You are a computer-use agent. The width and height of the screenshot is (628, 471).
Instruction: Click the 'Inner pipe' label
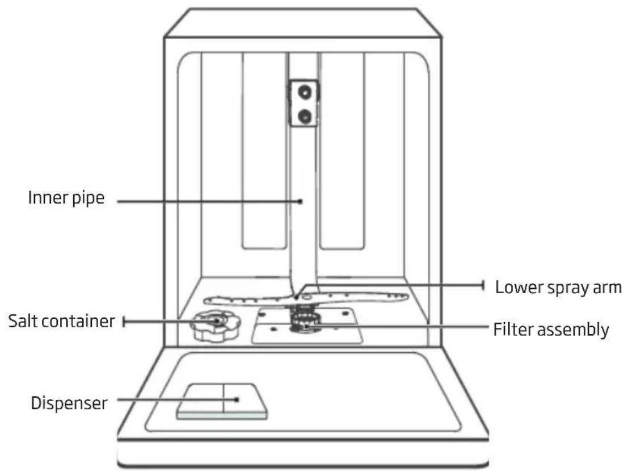pyautogui.click(x=66, y=198)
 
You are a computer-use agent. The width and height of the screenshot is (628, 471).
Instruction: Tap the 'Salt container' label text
pyautogui.click(x=61, y=321)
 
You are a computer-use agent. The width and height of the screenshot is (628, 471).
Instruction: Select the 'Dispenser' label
pyautogui.click(x=69, y=403)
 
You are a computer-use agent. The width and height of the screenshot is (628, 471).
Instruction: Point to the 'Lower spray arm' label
pyautogui.click(x=558, y=287)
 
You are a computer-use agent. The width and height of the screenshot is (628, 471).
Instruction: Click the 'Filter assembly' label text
pyautogui.click(x=551, y=330)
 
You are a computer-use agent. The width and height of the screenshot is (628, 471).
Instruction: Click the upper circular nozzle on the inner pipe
pyautogui.click(x=305, y=92)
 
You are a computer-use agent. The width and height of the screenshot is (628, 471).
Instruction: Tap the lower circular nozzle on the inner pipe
pyautogui.click(x=305, y=116)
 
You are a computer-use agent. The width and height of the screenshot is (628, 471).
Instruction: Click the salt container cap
pyautogui.click(x=216, y=326)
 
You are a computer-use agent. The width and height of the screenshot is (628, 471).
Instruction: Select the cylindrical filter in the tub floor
pyautogui.click(x=305, y=319)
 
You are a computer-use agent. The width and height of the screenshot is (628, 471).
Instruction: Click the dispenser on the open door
pyautogui.click(x=222, y=401)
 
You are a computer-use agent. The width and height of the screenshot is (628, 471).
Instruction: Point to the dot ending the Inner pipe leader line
pyautogui.click(x=301, y=201)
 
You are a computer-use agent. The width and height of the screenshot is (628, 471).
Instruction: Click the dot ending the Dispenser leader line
pyautogui.click(x=237, y=399)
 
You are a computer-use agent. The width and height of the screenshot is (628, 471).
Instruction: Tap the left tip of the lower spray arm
pyautogui.click(x=204, y=300)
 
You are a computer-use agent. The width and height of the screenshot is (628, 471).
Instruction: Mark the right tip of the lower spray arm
pyautogui.click(x=407, y=297)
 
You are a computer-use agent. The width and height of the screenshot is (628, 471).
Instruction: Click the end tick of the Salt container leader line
pyautogui.click(x=124, y=322)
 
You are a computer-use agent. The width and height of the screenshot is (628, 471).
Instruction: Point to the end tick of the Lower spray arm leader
pyautogui.click(x=483, y=286)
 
